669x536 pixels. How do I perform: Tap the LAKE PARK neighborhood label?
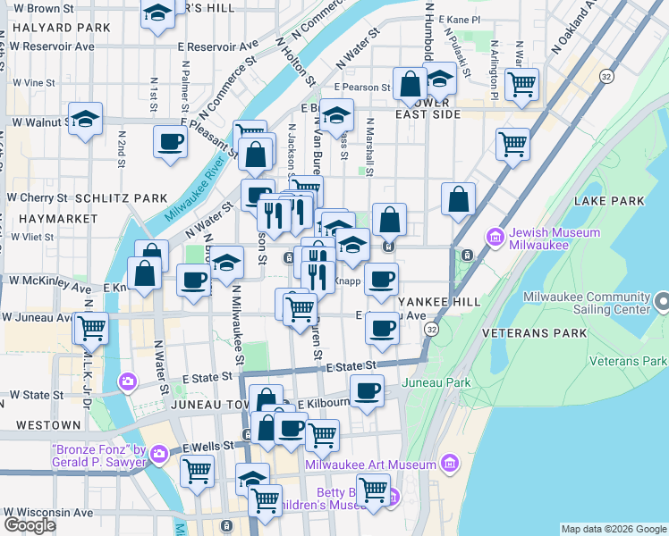click(611, 201)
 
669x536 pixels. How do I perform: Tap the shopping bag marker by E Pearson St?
click(410, 85)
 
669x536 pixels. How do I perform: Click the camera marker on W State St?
click(127, 381)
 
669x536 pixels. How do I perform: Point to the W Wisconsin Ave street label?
click(49, 513)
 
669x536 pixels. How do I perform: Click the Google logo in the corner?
click(30, 525)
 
